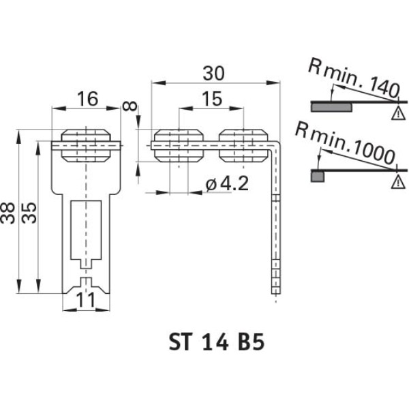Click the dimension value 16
point(86,100)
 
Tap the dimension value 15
point(211,100)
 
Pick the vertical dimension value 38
point(10,212)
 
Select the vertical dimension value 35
point(28,212)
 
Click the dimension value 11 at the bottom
point(86,300)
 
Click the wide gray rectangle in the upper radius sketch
point(332,107)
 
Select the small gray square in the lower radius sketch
point(317,177)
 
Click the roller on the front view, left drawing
point(86,145)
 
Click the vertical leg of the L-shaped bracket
point(276,225)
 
